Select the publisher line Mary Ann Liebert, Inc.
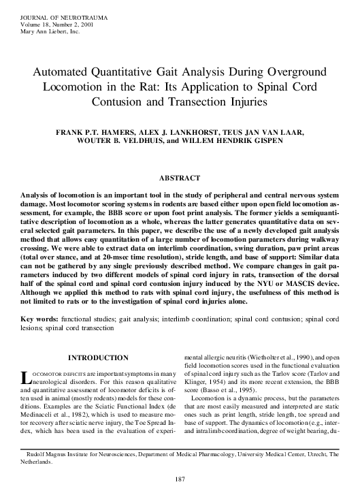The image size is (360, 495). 51,31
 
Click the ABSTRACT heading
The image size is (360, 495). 180,177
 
